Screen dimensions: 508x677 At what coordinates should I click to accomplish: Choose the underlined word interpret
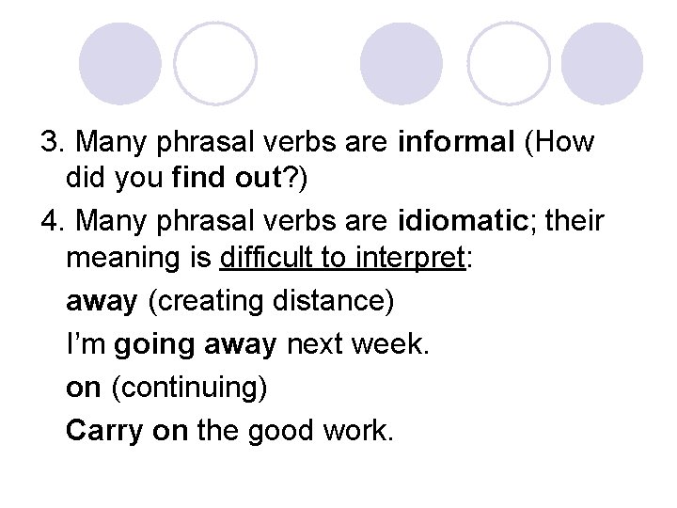point(416,258)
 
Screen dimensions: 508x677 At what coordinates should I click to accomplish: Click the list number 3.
point(50,143)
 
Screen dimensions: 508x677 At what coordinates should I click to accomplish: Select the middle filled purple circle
point(400,63)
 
